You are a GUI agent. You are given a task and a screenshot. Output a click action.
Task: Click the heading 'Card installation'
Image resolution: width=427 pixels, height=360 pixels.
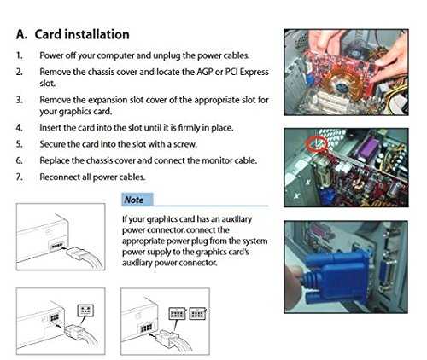[x=82, y=34]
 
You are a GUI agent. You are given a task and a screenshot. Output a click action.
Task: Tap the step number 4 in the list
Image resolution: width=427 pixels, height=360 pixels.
[x=19, y=127]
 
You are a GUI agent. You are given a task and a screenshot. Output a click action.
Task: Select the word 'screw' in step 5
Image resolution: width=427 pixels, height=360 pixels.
[x=184, y=144]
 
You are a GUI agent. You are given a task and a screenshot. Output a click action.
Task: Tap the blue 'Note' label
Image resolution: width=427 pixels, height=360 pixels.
[x=137, y=200]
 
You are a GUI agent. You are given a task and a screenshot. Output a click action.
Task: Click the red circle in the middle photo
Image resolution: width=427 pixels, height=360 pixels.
[x=316, y=143]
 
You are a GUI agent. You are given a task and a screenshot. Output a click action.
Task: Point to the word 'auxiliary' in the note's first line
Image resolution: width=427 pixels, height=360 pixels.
[x=237, y=219]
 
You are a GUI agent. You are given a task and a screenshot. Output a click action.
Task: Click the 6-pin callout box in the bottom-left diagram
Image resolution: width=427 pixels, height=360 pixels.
[x=85, y=310]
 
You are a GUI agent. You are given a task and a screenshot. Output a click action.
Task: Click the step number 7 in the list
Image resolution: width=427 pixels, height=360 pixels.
[x=19, y=177]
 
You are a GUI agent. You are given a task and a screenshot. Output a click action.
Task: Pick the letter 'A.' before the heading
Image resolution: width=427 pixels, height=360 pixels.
[x=22, y=34]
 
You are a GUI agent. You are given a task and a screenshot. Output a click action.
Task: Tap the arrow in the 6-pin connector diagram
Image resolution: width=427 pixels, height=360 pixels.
[x=58, y=325]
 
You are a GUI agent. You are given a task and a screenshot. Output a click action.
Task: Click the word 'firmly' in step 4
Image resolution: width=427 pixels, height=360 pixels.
[x=189, y=128]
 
